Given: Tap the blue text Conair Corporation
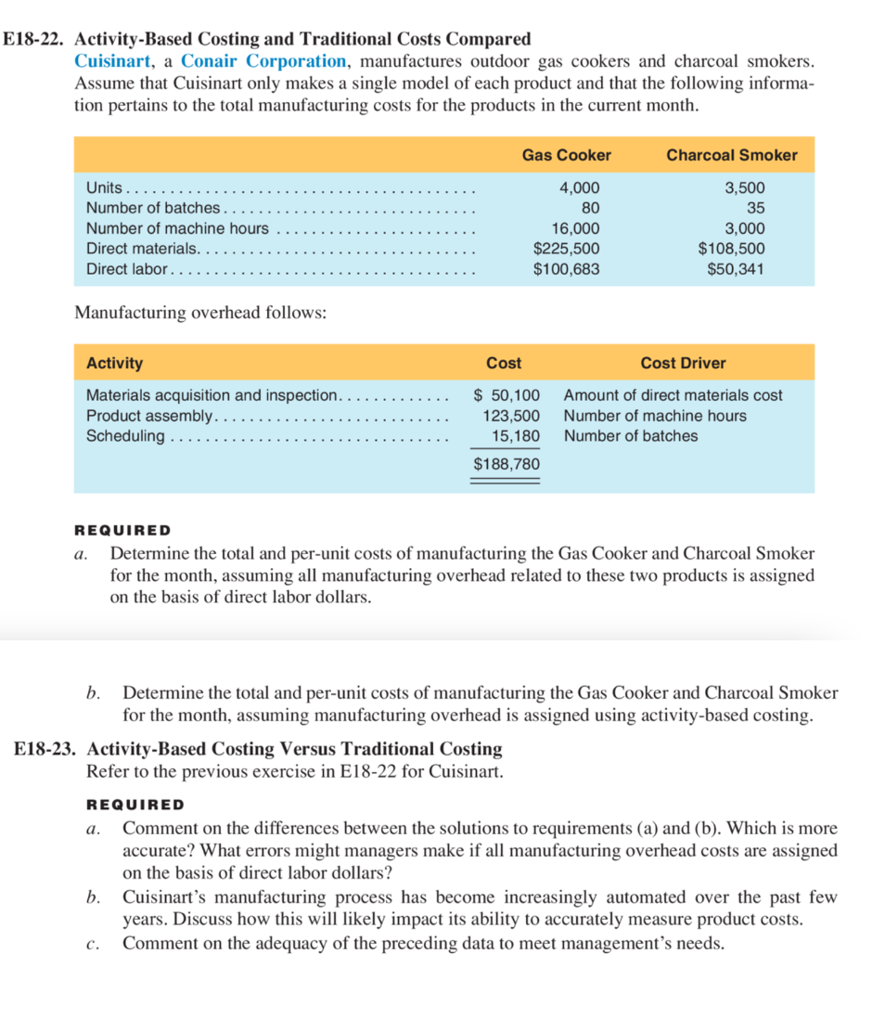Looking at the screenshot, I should click(263, 61).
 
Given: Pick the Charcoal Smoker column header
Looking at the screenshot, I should click(731, 155).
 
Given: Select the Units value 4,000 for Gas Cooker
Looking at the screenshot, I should click(579, 187).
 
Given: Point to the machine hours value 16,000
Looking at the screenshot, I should click(574, 228).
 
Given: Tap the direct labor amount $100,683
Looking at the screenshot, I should click(566, 269).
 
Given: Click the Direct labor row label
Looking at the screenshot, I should click(126, 269).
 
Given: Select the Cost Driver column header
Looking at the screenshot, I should click(683, 363).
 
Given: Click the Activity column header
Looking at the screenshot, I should click(114, 363).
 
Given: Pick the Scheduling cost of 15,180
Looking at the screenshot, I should click(516, 435).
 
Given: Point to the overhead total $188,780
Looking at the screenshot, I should click(506, 463).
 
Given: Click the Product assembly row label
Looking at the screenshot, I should click(149, 416).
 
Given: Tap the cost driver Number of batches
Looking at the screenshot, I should click(630, 435).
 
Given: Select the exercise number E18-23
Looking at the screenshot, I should click(46, 748).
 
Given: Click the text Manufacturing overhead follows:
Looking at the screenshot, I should click(199, 313).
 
